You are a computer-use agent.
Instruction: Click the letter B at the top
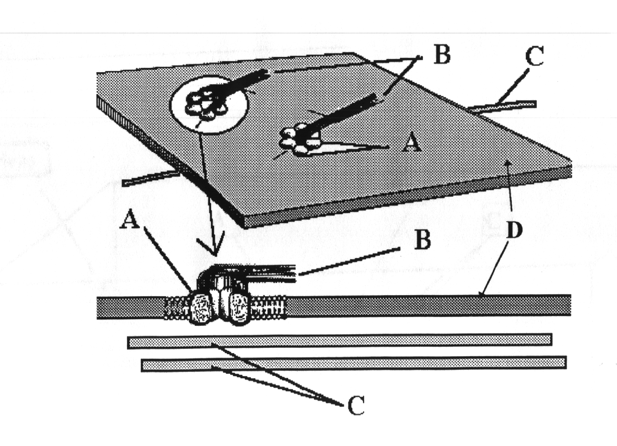pos(441,55)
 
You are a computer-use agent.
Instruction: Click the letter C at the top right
pos(534,57)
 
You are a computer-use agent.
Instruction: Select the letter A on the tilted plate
pos(412,142)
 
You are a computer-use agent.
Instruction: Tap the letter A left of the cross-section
pos(130,220)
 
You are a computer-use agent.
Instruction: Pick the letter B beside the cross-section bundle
pos(422,240)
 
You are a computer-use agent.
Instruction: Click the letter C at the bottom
pos(356,405)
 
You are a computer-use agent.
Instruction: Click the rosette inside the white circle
pos(205,104)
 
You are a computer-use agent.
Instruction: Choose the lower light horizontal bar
pos(353,364)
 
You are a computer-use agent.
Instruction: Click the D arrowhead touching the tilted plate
pos(507,165)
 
